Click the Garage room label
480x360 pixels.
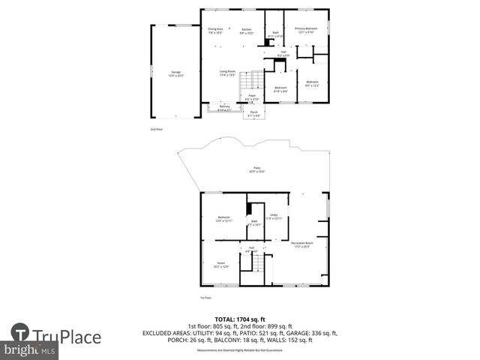(x=176, y=73)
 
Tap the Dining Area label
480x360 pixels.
(x=215, y=30)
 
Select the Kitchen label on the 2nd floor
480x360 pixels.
(x=247, y=31)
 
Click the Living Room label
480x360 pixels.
(x=228, y=73)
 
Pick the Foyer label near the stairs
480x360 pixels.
(x=253, y=97)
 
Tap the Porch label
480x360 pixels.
(x=254, y=114)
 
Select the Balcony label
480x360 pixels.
(x=224, y=108)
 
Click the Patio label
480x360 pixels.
(x=257, y=170)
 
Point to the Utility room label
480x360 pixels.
(x=274, y=216)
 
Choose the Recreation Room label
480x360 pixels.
(x=302, y=245)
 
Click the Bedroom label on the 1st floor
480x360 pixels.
(x=224, y=218)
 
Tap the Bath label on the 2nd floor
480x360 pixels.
(x=276, y=34)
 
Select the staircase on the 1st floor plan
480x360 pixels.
(x=257, y=263)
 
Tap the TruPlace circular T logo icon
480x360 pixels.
(x=20, y=334)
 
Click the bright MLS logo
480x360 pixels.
(x=30, y=350)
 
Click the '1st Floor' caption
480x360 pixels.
(x=205, y=298)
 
